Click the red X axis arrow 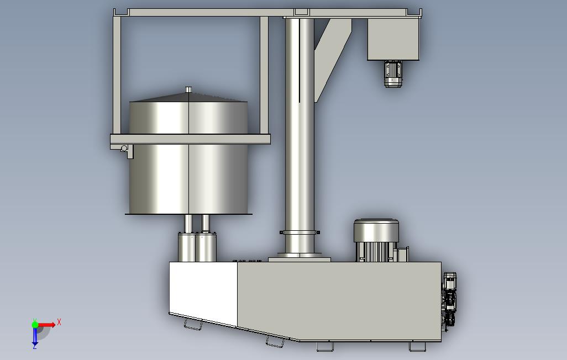point(46,325)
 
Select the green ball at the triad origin point(35,325)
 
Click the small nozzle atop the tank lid point(188,89)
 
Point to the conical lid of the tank point(188,97)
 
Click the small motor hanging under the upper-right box point(393,74)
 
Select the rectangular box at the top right point(393,39)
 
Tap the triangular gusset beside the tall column point(333,58)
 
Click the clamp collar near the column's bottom point(300,232)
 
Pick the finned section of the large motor point(375,252)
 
